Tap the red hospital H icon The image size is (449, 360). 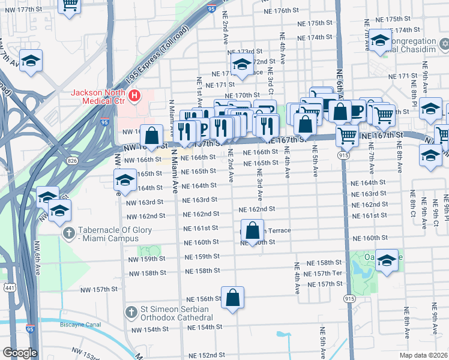click(x=136, y=95)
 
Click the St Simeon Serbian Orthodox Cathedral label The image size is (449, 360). click(x=175, y=313)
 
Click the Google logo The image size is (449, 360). click(x=20, y=353)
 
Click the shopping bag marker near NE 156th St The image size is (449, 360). click(x=233, y=298)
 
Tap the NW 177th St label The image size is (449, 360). click(x=31, y=10)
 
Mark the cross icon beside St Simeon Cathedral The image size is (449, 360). click(x=131, y=313)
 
